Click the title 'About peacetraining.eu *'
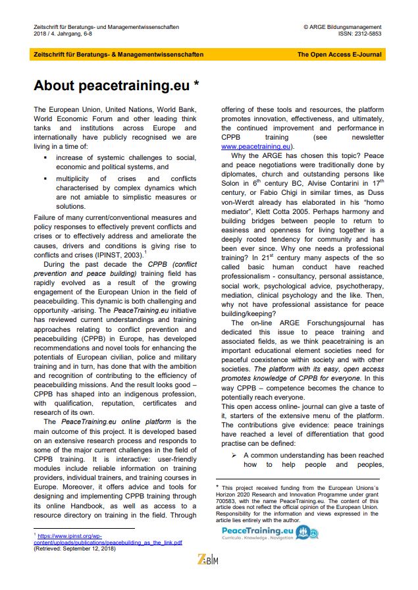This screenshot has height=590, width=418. coord(116,86)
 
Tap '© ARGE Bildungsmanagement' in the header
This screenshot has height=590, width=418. coord(342,27)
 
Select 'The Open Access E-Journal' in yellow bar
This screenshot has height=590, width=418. coord(338,55)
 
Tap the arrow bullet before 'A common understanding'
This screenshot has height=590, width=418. coord(233,455)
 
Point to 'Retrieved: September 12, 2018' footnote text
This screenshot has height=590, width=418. coord(74,548)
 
